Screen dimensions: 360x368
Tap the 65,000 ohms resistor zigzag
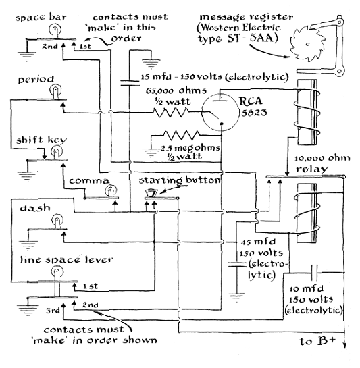(x=171, y=112)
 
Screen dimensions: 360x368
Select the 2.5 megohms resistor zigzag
(x=182, y=135)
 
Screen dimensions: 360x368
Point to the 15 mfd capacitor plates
(x=130, y=83)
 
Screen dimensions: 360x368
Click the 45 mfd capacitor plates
(x=236, y=265)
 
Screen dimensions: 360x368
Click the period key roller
(x=55, y=92)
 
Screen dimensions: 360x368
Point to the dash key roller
(x=57, y=221)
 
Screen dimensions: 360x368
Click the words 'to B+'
(x=317, y=341)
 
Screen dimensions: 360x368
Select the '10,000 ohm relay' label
(x=322, y=163)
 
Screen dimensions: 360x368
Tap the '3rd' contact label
(x=53, y=311)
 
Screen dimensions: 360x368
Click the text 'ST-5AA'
(x=251, y=38)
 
